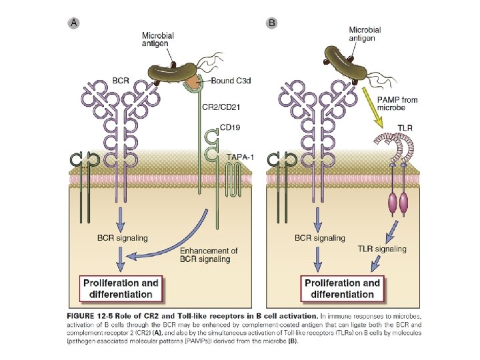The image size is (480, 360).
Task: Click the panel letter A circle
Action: tap(75, 23)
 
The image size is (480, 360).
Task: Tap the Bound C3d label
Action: tap(231, 81)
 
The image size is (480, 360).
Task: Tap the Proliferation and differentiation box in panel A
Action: tap(121, 288)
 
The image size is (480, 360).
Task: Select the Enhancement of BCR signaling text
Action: tap(209, 255)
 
